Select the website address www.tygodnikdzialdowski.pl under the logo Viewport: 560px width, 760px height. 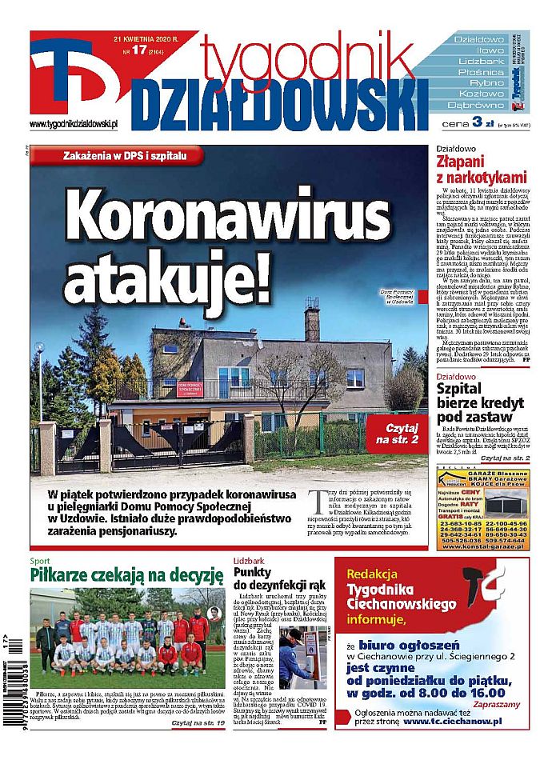click(x=74, y=123)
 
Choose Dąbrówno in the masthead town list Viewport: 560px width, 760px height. click(x=475, y=104)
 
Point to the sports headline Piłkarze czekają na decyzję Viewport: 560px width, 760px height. click(x=126, y=575)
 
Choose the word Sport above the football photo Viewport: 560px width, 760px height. click(x=41, y=560)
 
